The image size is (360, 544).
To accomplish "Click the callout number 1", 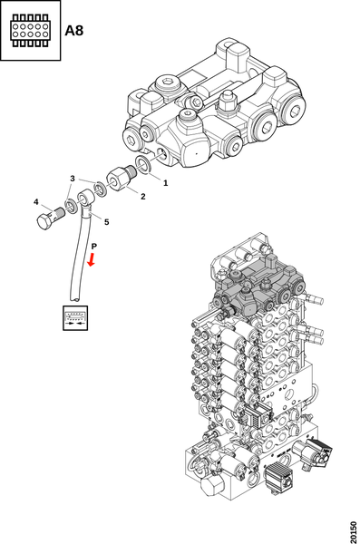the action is tap(166, 182).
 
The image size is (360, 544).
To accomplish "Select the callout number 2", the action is tap(143, 197).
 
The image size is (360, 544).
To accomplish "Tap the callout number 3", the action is tap(73, 179).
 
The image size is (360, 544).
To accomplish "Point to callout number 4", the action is tap(36, 201).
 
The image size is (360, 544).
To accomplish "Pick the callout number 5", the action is tap(107, 222).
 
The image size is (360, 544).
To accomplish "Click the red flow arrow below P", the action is tap(92, 259).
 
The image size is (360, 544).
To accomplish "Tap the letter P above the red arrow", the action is tap(93, 247).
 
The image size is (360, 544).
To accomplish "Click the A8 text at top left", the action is tap(74, 31).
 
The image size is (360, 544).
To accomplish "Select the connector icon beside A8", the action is tap(30, 30).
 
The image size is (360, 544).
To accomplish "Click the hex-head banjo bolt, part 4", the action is tap(50, 219).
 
